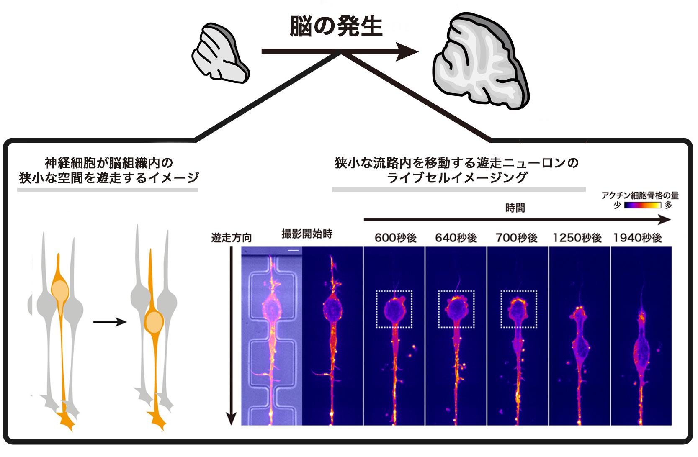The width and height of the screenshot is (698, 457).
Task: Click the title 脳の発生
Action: click(336, 27)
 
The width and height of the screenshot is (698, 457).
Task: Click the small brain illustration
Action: click(220, 54)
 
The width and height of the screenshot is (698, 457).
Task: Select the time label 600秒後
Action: click(395, 238)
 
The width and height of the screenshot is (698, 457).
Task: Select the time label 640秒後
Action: click(456, 238)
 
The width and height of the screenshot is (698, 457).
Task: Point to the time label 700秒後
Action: click(516, 238)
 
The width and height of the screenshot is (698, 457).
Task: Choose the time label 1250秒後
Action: click(577, 238)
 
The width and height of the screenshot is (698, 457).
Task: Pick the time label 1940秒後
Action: click(637, 238)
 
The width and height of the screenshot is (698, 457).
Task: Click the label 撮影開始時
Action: click(307, 234)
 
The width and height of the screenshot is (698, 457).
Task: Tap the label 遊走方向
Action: click(231, 238)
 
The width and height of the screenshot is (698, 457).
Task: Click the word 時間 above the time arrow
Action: click(515, 208)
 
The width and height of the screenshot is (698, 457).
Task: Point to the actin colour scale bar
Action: click(642, 205)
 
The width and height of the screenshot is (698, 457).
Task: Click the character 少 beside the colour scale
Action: click(617, 205)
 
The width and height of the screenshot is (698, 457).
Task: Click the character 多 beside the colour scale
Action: click(668, 205)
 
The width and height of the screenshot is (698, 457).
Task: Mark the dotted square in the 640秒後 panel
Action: click(456, 309)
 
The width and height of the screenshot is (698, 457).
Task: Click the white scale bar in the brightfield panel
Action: click(294, 251)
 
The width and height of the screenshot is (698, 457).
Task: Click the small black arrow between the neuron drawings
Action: click(110, 322)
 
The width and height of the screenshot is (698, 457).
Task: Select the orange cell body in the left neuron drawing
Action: click(60, 290)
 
